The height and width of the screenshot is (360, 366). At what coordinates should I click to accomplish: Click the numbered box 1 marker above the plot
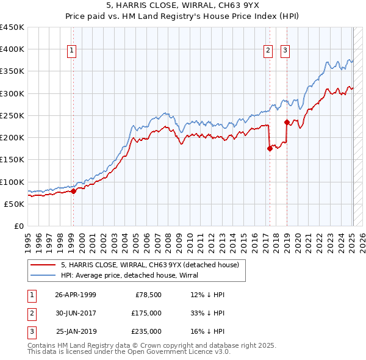(72, 51)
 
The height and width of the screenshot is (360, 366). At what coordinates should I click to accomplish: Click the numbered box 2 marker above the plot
(268, 51)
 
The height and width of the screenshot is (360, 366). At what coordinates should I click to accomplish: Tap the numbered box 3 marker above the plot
(285, 51)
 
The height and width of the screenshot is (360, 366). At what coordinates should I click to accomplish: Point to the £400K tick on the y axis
(12, 49)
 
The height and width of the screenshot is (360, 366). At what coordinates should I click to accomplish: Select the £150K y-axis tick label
(12, 160)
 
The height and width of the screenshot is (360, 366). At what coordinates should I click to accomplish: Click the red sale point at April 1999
(73, 191)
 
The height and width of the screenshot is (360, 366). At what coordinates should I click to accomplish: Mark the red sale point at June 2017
(269, 148)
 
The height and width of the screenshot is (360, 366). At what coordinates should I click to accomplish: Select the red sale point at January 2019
(286, 122)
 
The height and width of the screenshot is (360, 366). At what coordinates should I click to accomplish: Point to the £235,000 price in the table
(146, 331)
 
